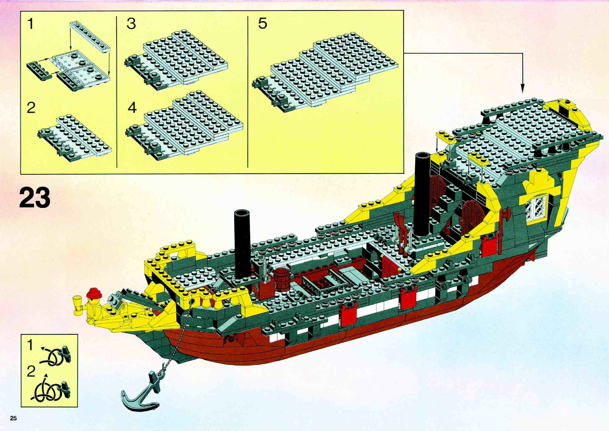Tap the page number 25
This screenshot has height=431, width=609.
[x=13, y=419]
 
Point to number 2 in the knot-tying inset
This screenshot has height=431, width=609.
[x=31, y=372]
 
